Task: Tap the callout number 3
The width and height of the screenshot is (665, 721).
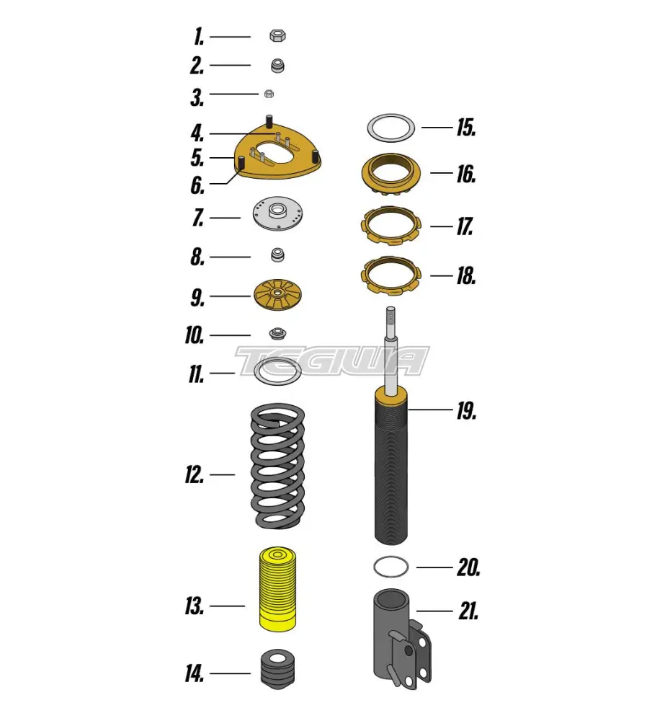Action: (x=197, y=97)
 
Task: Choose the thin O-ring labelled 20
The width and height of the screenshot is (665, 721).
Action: (x=392, y=567)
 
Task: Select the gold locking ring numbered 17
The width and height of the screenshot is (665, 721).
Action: (x=392, y=224)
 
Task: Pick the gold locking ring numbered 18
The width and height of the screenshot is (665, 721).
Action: (x=392, y=274)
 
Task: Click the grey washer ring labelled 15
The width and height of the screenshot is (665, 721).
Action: (x=391, y=128)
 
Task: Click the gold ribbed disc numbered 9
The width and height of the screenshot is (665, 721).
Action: (x=277, y=296)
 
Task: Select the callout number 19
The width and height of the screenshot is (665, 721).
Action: (x=465, y=412)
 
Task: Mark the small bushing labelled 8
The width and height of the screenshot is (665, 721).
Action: (x=277, y=255)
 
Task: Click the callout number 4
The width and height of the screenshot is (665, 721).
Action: (x=197, y=133)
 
